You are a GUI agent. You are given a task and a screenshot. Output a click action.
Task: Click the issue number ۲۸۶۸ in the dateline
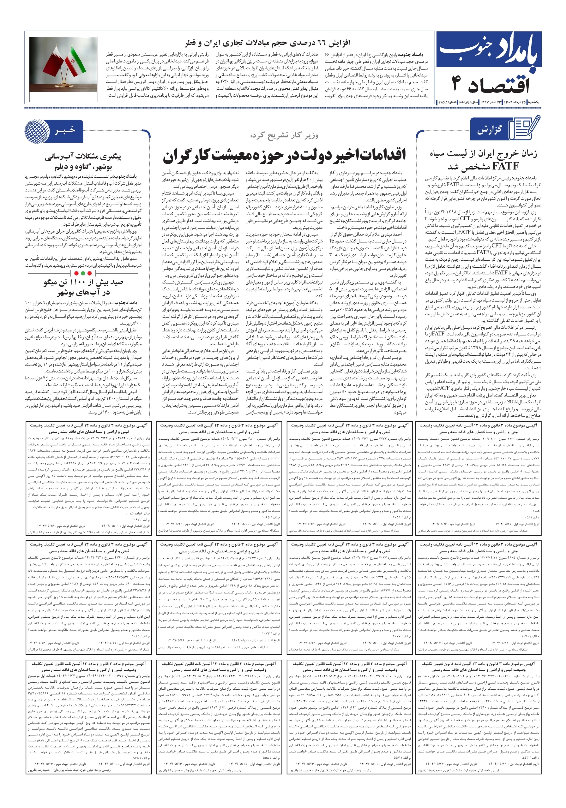click(443, 102)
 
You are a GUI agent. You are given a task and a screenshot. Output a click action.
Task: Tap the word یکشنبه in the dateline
click(533, 102)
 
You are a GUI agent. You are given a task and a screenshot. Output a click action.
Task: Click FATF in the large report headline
click(506, 166)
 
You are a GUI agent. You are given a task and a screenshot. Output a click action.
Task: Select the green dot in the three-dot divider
click(83, 273)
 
